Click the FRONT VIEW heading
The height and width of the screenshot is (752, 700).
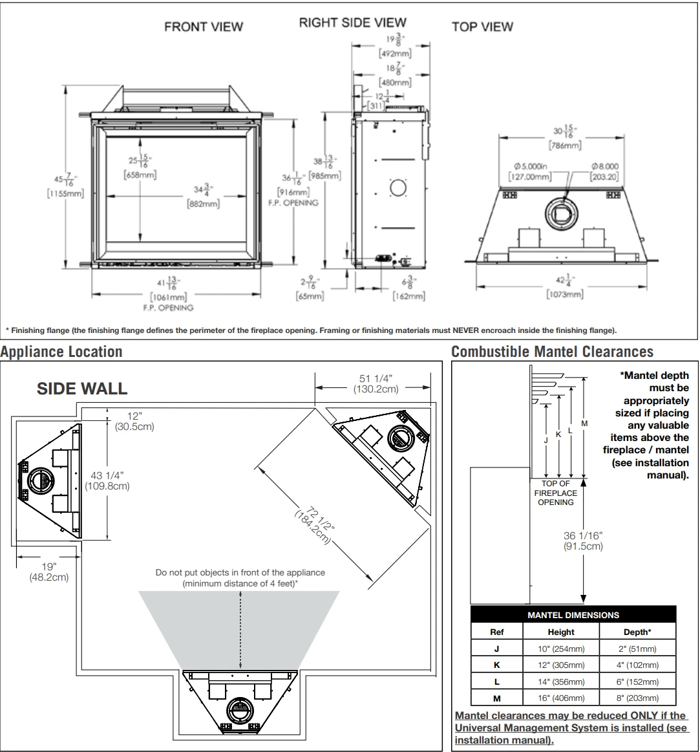pos(204,27)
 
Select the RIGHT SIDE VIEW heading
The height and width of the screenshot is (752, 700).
pos(352,23)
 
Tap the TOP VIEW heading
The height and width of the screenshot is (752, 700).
pos(482,27)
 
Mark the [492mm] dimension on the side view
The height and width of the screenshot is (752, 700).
pos(391,54)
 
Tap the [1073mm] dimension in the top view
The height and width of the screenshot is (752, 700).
pos(564,294)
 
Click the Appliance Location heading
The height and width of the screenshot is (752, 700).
pos(61,352)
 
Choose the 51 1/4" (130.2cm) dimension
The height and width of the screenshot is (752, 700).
pos(376,383)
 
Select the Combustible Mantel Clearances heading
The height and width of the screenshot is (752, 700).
pos(552,352)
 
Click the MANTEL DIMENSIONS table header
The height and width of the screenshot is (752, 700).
pos(573,615)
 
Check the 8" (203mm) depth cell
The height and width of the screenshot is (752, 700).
pos(637,698)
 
